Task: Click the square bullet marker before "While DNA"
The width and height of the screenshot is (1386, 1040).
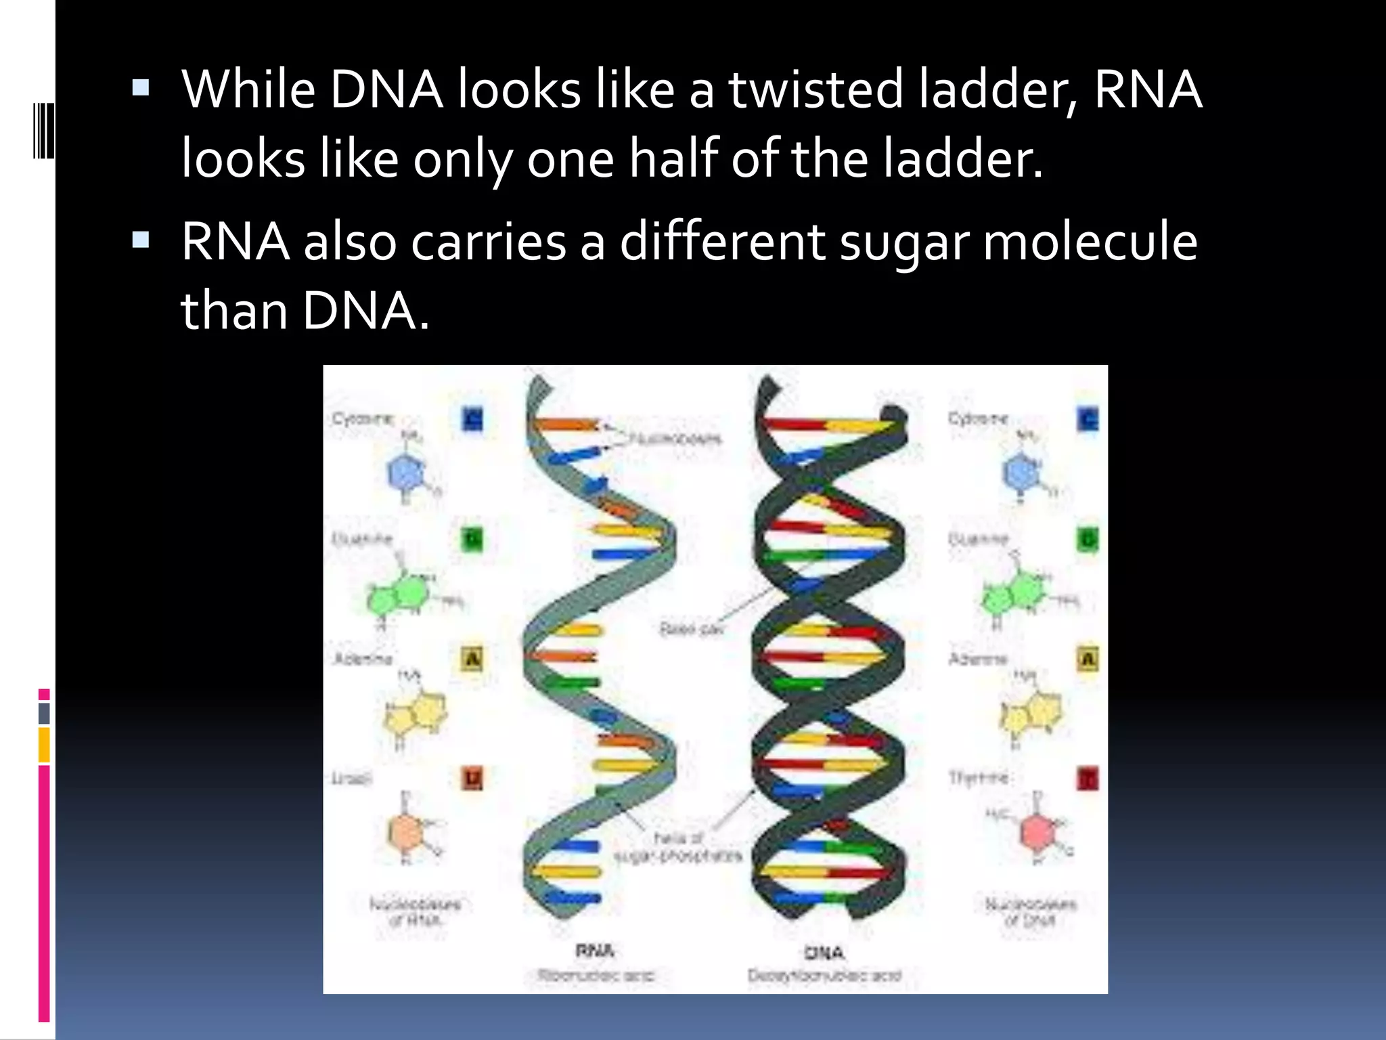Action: point(141,87)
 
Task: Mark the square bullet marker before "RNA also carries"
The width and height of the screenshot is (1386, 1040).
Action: point(141,240)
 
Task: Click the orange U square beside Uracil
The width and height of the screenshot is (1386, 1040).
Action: point(472,778)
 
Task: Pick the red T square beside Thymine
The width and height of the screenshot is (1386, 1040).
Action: point(1088,778)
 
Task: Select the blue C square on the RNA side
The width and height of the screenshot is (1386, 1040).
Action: point(472,420)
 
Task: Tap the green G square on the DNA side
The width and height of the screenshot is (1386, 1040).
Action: point(1088,540)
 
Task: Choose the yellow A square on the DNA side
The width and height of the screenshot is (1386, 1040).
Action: point(1088,659)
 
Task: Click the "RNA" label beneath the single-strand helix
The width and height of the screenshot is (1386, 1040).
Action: point(595,951)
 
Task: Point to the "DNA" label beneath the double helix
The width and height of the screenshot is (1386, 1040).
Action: point(824,953)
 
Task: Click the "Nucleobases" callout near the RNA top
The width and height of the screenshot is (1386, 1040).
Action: point(675,439)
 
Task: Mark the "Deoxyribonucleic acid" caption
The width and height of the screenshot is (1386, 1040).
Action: point(824,976)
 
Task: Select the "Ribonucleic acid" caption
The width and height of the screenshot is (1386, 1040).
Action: point(596,976)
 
